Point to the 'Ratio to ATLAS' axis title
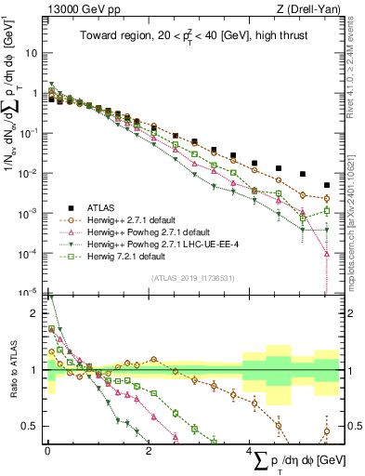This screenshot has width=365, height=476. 13,369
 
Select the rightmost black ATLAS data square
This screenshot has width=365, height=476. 326,185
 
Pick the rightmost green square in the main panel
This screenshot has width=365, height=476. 326,210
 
